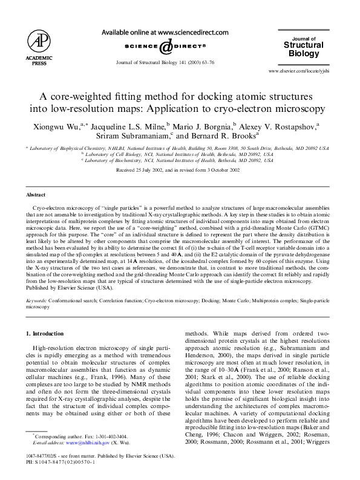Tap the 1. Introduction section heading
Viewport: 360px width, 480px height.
tap(45, 334)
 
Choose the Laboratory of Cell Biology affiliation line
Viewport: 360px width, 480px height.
tap(177, 154)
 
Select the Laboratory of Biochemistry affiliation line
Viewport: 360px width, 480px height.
tap(177, 160)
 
